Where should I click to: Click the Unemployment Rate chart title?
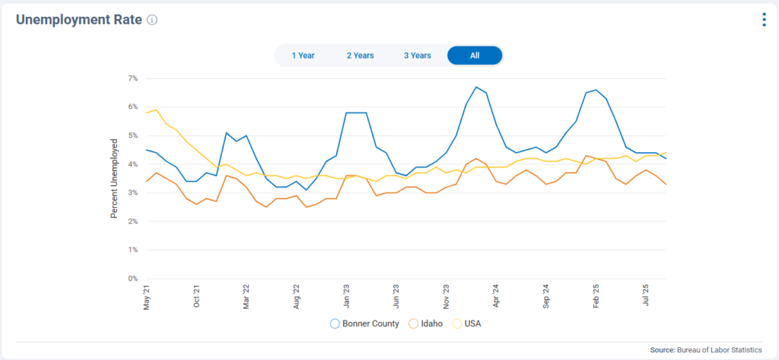point(79,20)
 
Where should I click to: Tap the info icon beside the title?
point(152,21)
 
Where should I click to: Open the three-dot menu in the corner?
point(764,20)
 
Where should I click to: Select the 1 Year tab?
point(303,56)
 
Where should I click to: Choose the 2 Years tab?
point(360,56)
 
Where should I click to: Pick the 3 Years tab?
point(417,56)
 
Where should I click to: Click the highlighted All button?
point(475,56)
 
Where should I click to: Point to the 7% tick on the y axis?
point(132,78)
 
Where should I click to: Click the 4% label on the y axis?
point(132,164)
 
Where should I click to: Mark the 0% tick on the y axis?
point(132,279)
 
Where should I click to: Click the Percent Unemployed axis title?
point(114,179)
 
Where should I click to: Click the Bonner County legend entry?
point(364,323)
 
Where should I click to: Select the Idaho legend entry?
point(427,323)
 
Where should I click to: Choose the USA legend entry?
point(467,323)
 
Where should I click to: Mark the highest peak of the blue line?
point(476,87)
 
